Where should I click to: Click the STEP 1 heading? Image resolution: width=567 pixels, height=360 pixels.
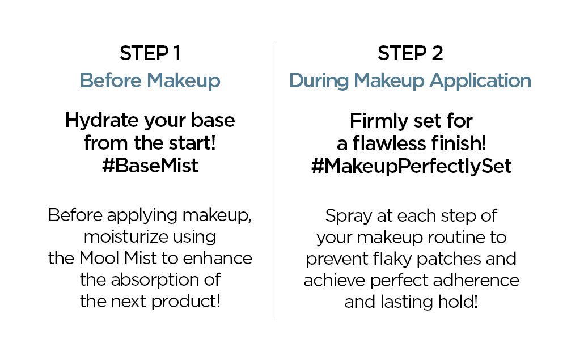tap(150, 53)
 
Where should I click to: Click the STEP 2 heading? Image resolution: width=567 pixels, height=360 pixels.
tap(410, 53)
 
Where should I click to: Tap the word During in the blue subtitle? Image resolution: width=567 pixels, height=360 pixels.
tap(319, 81)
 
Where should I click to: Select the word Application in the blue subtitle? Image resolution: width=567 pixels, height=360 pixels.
tap(480, 81)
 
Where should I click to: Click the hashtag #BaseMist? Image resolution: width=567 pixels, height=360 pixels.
tap(150, 166)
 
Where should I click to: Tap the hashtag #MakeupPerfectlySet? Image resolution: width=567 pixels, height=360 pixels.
tap(411, 167)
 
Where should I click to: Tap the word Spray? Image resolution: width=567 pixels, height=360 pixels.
tap(349, 217)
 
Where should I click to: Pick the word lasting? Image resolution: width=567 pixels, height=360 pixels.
tap(406, 302)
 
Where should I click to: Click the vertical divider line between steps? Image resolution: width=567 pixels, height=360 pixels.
tap(276, 180)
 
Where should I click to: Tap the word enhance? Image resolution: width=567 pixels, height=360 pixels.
tap(217, 259)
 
